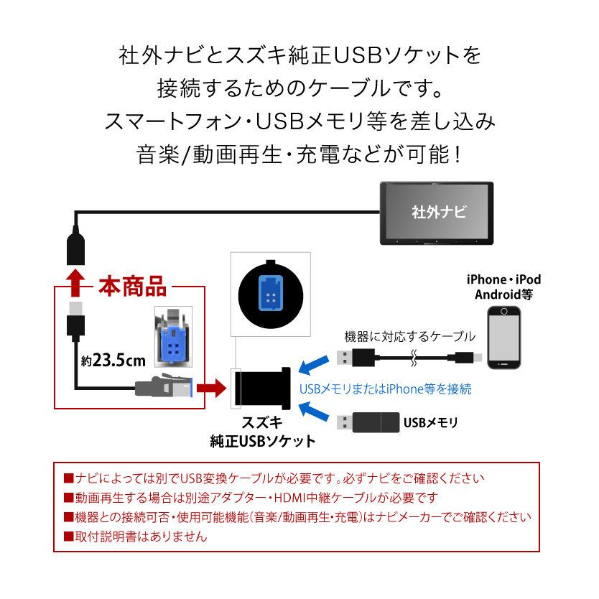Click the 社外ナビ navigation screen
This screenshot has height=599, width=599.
(437, 213)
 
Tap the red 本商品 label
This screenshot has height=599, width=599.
(132, 288)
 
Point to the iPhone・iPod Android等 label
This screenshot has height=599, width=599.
(503, 287)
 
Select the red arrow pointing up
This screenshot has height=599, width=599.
(73, 282)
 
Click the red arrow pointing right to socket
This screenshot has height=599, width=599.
(211, 389)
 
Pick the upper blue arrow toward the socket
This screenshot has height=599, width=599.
(310, 364)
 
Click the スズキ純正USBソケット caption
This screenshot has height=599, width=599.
(262, 431)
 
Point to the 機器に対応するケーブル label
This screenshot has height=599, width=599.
(410, 335)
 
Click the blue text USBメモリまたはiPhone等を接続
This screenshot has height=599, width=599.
(385, 389)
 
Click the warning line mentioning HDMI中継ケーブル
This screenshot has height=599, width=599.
(251, 497)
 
